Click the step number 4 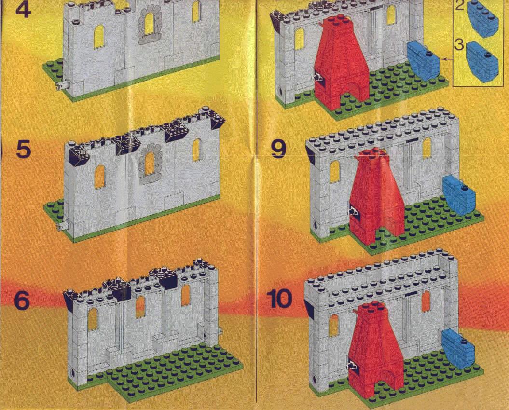tap(23, 9)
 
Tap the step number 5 tap(23, 150)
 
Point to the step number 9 tap(279, 149)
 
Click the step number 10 tap(279, 299)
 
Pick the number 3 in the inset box tap(459, 45)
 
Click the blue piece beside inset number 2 tap(482, 19)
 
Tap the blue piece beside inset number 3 tap(482, 62)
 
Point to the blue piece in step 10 tap(458, 348)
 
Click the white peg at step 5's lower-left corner tap(62, 226)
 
